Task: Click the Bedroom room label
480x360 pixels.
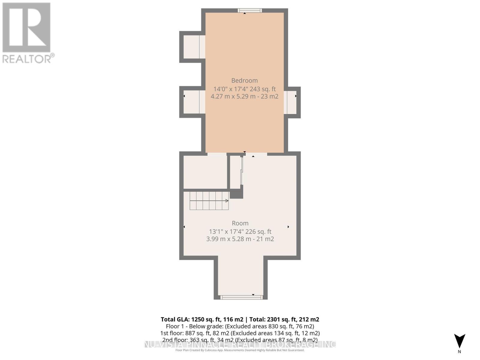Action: click(244, 80)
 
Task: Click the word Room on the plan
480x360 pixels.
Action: click(240, 223)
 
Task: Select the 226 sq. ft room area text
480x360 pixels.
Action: click(258, 232)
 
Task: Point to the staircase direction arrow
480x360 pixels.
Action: click(226, 201)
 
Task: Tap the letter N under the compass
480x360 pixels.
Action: click(459, 352)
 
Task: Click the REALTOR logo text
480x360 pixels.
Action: click(28, 58)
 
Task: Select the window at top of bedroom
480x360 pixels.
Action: click(250, 10)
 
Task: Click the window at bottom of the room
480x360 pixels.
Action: click(241, 297)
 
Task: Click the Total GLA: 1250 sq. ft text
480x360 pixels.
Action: click(202, 319)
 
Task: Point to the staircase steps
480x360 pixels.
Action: click(209, 201)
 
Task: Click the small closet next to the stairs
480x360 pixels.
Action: click(235, 172)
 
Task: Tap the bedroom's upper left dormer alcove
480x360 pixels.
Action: click(192, 47)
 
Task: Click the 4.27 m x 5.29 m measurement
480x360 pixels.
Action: click(244, 96)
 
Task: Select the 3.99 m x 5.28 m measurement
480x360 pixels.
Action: click(240, 239)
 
